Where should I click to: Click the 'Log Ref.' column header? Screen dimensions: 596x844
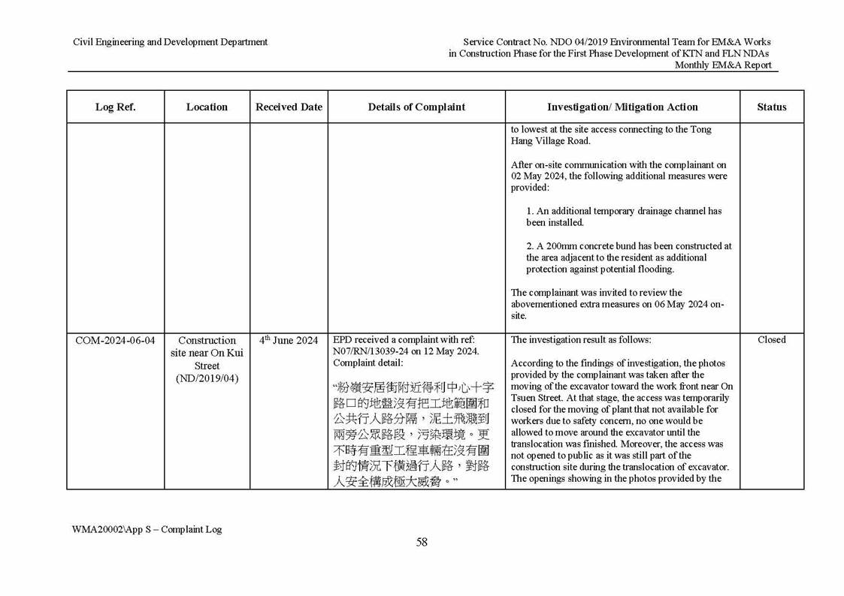115,107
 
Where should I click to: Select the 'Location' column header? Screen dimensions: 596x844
207,107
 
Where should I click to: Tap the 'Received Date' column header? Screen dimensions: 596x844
289,107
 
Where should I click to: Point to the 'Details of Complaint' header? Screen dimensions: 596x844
416,107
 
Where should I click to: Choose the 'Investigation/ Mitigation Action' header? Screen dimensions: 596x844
622,107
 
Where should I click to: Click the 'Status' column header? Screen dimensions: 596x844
771,107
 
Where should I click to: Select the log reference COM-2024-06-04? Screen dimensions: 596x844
115,340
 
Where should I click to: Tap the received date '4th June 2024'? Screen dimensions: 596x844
289,340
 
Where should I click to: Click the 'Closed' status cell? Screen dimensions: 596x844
771,340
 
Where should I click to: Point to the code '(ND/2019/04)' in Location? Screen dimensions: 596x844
207,378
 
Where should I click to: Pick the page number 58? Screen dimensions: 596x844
422,543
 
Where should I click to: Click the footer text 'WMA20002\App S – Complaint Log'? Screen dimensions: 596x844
147,529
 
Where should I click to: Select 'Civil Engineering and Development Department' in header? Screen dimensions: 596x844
170,42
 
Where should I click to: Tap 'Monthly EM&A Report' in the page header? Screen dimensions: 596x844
722,65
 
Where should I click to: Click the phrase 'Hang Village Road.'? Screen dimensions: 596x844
551,141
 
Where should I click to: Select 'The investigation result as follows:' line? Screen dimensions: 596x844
576,340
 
